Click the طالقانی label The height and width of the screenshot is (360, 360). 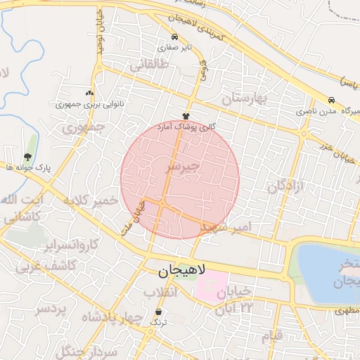149,65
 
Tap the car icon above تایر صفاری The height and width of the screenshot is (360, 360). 174,37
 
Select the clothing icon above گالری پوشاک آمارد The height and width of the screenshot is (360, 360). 186,115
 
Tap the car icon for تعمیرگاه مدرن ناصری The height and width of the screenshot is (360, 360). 330,101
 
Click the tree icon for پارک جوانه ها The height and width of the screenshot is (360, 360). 27,156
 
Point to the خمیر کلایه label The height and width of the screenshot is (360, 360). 87,201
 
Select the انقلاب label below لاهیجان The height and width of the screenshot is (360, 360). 162,292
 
